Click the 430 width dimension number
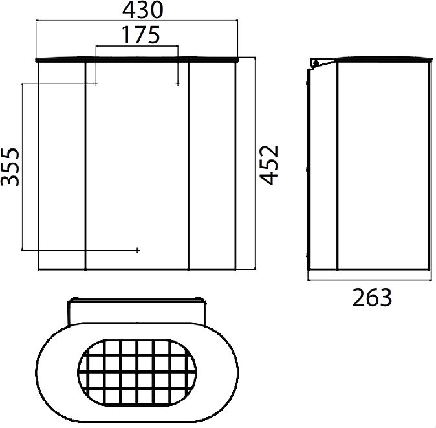coord(142,10)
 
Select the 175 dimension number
coord(141,35)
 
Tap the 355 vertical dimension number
coord(10,167)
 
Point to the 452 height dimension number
coord(269,164)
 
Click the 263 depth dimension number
coord(372,298)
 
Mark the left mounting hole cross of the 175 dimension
coord(96,84)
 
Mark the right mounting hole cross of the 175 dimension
coord(178,84)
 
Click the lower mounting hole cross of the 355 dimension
coord(137,250)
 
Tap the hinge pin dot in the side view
coord(316,63)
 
